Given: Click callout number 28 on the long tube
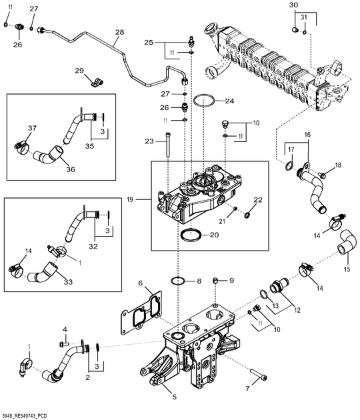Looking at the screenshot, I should click(119, 32).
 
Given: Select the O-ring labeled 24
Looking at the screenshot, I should click(205, 102).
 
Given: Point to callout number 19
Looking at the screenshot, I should click(130, 199).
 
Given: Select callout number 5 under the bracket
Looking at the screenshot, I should click(174, 397).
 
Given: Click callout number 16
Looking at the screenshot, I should click(307, 134).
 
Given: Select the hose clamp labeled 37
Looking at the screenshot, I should click(20, 143).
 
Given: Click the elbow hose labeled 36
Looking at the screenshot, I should click(47, 159).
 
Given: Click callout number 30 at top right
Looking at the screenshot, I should click(293, 5).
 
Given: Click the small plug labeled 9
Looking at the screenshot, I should click(215, 281).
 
